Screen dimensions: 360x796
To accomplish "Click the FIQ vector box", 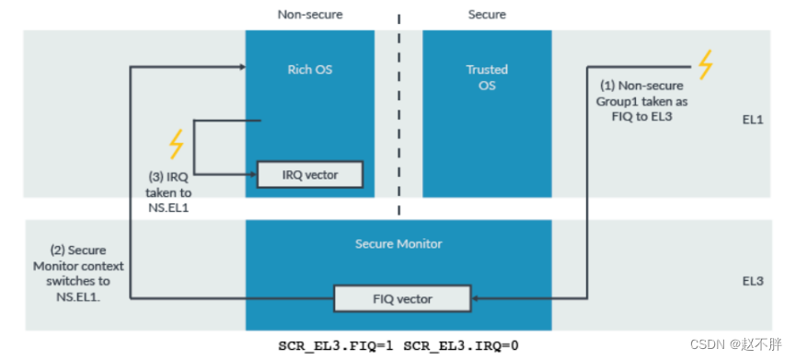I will point(401,298).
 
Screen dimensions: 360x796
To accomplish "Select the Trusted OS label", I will point(487,77).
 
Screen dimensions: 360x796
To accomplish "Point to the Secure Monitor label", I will point(398,244).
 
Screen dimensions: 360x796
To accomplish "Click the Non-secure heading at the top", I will point(309,15).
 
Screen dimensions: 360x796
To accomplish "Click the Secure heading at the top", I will point(487,15).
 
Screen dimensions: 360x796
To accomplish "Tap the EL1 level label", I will point(755,120).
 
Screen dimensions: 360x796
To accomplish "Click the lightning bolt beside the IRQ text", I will point(176,145).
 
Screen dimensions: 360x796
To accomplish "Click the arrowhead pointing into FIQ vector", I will point(475,298).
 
